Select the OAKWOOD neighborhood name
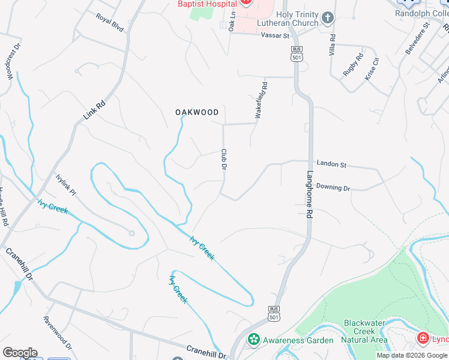point(197,112)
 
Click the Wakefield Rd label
point(261,101)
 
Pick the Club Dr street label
point(223,160)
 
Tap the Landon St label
point(331,164)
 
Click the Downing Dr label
point(333,188)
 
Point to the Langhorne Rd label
point(309,187)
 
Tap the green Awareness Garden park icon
point(254,340)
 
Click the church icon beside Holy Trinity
point(327,18)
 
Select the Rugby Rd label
point(354,64)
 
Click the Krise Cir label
point(372,69)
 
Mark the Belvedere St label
point(418,38)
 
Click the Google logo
point(20,353)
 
